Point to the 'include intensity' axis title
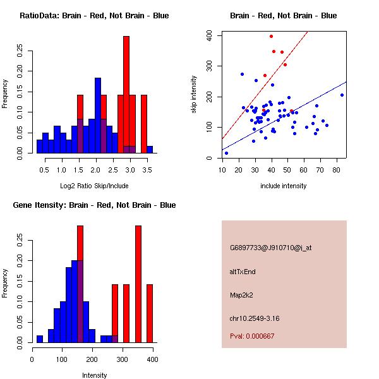284,186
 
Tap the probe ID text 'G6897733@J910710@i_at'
270,248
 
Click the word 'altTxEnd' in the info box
243,272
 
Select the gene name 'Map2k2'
242,295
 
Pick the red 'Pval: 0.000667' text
252,336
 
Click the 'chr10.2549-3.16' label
255,318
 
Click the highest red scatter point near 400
271,36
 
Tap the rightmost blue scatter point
342,95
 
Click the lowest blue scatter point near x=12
226,153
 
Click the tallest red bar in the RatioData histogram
126,95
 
